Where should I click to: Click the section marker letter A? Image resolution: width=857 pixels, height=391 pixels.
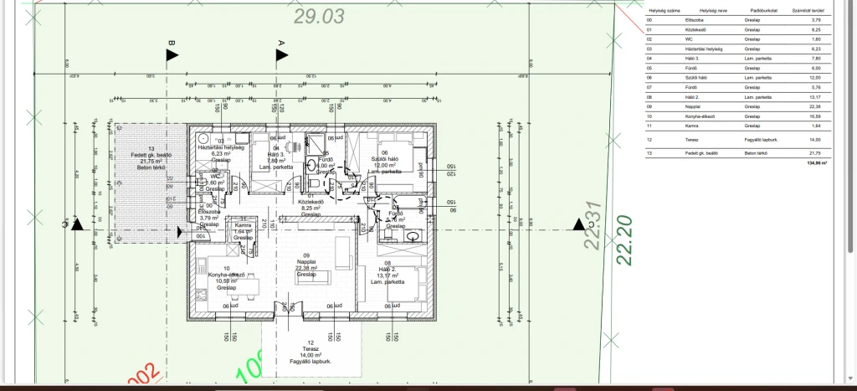coord(281,42)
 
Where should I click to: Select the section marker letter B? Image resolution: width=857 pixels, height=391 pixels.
coord(172,42)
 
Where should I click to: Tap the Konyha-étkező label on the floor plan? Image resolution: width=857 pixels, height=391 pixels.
coord(227,275)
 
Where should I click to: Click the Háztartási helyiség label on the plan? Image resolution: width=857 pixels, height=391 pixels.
coord(219,147)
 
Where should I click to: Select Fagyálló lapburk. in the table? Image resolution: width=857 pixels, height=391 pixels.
coord(762,139)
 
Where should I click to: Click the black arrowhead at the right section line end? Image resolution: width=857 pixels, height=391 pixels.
coord(578,224)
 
